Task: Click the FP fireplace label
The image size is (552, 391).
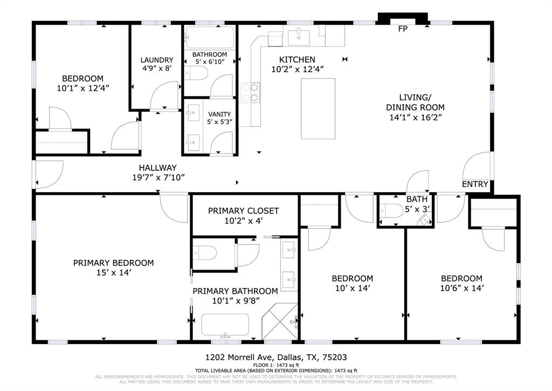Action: (402, 29)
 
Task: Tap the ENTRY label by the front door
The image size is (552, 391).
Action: (475, 184)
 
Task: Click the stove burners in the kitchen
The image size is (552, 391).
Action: (250, 92)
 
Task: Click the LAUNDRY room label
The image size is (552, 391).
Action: (157, 60)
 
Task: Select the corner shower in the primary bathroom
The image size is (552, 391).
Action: (279, 322)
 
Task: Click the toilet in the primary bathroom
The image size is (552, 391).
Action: (205, 252)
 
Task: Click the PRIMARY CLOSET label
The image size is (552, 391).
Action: (244, 211)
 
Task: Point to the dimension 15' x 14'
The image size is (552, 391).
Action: (114, 273)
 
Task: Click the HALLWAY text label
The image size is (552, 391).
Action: (157, 168)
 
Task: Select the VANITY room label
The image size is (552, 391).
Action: (219, 114)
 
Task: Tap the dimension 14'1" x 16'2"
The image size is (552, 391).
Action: (415, 117)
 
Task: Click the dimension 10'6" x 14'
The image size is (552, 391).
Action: (461, 288)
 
